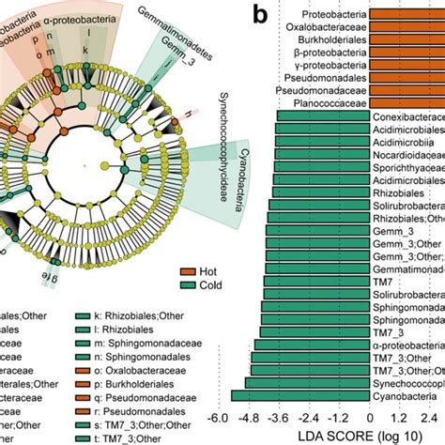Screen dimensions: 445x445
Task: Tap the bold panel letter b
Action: [x=267, y=14]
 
